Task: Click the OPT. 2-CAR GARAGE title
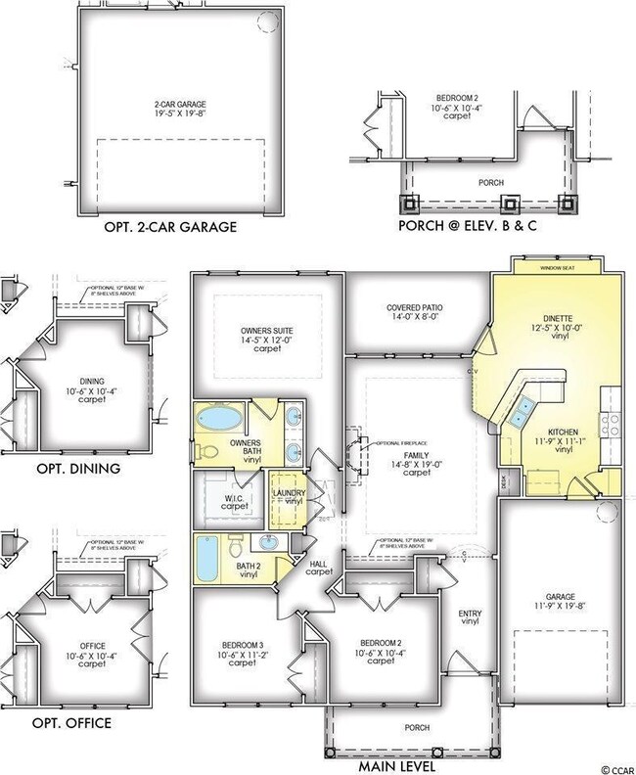tap(171, 229)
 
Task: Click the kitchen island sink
tap(521, 411)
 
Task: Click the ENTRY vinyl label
tap(470, 618)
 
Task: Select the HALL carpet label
tap(319, 567)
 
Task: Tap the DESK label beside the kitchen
tap(505, 480)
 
